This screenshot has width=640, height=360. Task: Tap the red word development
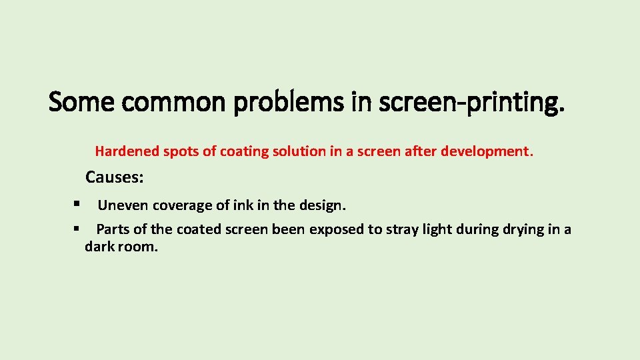492,151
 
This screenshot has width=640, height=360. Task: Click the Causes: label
115,178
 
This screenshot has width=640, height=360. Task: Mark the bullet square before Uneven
78,204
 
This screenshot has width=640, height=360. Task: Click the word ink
238,205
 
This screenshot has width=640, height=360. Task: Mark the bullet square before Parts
78,228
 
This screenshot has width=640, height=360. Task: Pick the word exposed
337,229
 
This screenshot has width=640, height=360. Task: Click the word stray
397,229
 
